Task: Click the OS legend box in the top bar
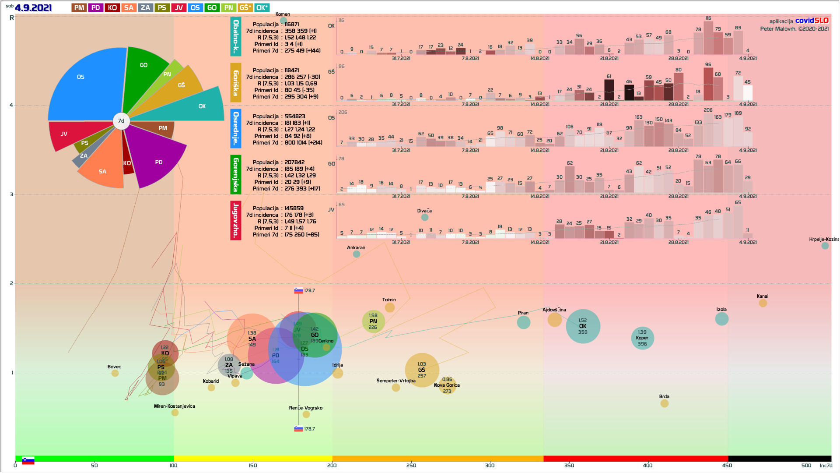coord(195,7)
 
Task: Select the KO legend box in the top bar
coord(112,7)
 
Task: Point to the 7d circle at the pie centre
coord(121,121)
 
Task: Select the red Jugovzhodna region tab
coord(236,220)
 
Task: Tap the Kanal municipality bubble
coord(763,303)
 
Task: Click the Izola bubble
coord(721,319)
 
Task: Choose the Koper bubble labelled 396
coord(642,338)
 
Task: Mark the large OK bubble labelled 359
coord(583,326)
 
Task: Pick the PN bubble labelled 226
coord(373,321)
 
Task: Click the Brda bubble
coord(664,403)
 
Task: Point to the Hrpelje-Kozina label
coord(823,239)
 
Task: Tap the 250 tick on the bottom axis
coord(411,465)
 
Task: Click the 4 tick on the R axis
coord(11,105)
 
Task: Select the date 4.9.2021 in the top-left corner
coord(33,8)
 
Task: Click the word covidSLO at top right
coord(812,21)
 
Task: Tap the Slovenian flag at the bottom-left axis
coord(28,460)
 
